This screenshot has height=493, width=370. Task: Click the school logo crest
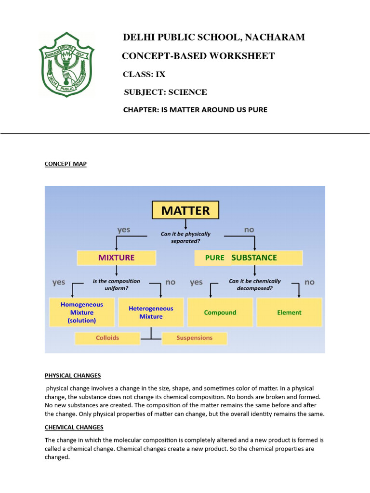tap(66, 64)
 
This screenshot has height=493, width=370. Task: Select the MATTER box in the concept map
tap(185, 210)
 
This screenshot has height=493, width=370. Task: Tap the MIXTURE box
tap(117, 258)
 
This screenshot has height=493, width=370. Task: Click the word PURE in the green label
tap(215, 258)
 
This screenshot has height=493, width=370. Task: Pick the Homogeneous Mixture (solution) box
tap(82, 312)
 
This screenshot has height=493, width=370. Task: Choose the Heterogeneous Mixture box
tap(151, 312)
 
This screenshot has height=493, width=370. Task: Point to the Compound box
tap(220, 312)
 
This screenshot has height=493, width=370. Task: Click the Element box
tap(289, 312)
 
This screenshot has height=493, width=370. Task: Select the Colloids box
tap(107, 338)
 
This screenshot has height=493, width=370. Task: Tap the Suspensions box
tap(194, 338)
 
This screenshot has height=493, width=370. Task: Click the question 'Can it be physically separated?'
tap(185, 237)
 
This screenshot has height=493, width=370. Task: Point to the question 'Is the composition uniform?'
tap(117, 285)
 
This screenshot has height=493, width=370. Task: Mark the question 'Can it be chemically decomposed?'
tap(255, 285)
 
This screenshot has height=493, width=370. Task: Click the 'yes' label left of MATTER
tap(124, 230)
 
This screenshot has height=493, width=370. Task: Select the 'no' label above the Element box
tap(309, 282)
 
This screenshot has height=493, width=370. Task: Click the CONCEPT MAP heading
tap(66, 164)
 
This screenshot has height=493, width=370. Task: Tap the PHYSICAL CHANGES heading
tap(73, 376)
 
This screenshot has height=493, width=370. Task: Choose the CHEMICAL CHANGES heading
tap(74, 428)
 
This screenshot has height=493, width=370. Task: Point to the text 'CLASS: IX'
tap(144, 74)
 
